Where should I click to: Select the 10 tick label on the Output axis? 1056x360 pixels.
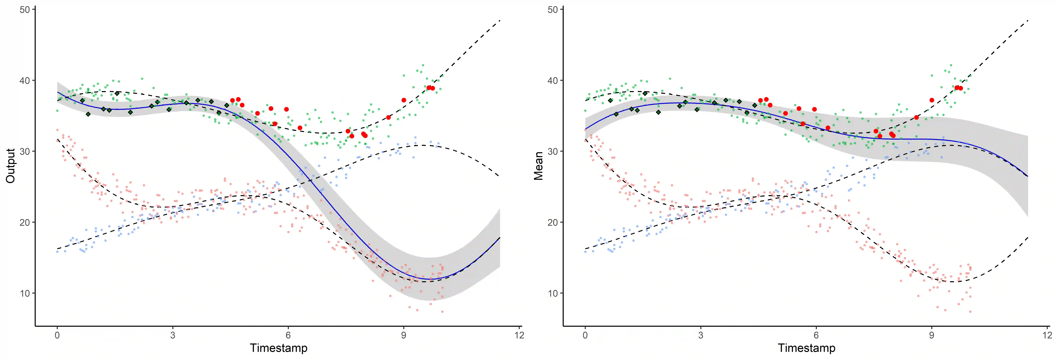click(x=25, y=293)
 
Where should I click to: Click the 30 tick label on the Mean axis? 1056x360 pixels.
click(x=553, y=151)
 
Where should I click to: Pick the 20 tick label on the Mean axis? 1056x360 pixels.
click(x=553, y=222)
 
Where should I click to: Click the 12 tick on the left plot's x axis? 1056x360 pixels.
click(x=519, y=335)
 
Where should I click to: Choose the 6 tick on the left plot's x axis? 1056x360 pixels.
click(x=288, y=335)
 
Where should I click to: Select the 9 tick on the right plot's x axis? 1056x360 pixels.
click(x=932, y=335)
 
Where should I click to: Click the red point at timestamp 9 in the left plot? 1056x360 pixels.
click(x=404, y=100)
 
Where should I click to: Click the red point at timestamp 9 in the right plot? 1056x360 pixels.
click(x=932, y=100)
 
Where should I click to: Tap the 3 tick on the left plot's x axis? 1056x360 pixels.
click(x=173, y=335)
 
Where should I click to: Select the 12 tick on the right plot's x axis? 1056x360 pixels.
click(x=1047, y=335)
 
